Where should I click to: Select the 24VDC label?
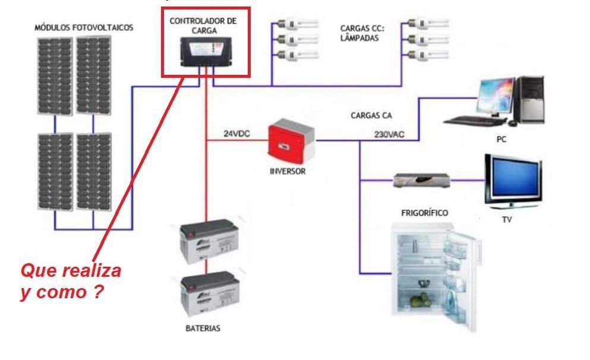pyautogui.click(x=236, y=134)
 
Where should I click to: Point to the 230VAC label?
pyautogui.click(x=389, y=134)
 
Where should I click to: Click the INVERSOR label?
pyautogui.click(x=287, y=170)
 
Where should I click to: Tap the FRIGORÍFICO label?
pyautogui.click(x=424, y=212)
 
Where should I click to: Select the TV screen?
pyautogui.click(x=512, y=179)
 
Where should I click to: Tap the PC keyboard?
pyautogui.click(x=474, y=120)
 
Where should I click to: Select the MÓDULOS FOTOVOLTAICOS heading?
pyautogui.click(x=84, y=27)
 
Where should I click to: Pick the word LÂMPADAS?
pyautogui.click(x=359, y=37)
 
